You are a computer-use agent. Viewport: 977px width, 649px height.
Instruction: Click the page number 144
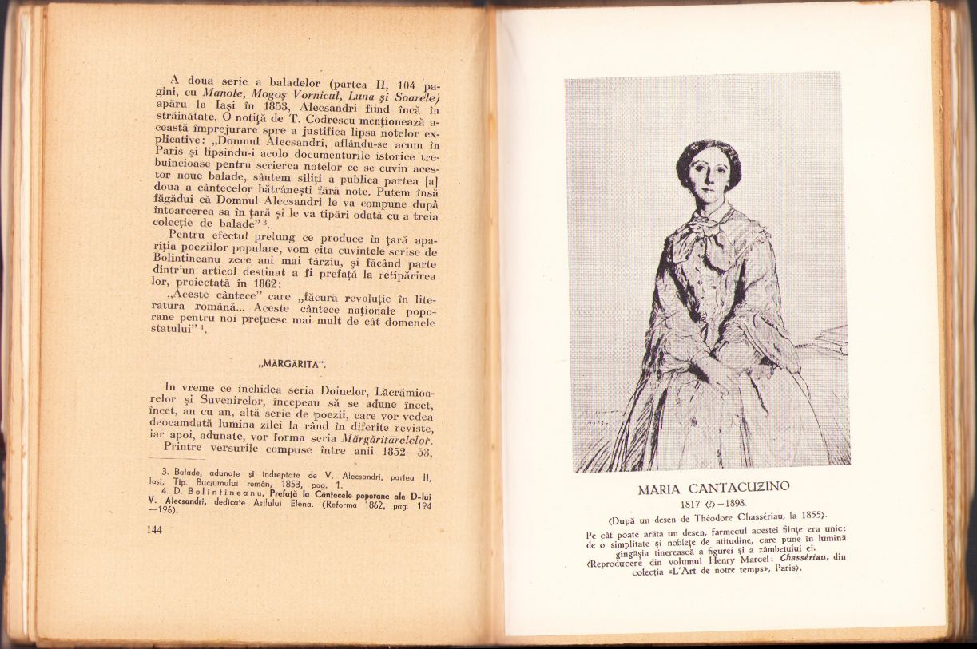[155, 530]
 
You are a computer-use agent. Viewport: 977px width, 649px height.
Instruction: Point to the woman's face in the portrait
[707, 178]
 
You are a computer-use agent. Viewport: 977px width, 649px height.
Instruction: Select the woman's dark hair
[707, 152]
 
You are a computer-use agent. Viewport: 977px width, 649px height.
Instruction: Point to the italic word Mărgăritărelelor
[387, 440]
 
